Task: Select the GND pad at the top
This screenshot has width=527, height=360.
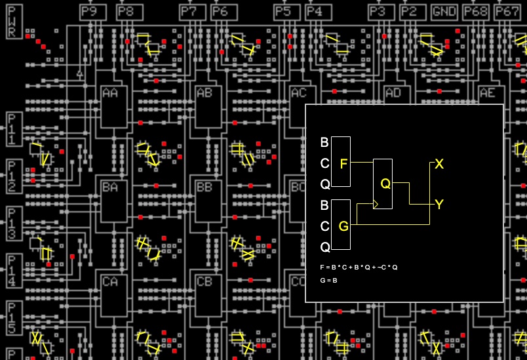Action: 445,12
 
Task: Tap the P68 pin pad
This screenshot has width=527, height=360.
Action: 476,12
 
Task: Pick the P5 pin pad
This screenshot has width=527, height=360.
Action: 283,12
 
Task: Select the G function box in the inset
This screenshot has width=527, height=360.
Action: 341,226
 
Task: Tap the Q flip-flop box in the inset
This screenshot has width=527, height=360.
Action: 383,184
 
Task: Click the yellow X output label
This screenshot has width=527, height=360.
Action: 439,164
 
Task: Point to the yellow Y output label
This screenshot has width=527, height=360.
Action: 439,205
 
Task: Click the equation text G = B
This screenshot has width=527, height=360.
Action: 328,280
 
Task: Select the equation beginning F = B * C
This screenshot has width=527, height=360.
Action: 359,268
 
